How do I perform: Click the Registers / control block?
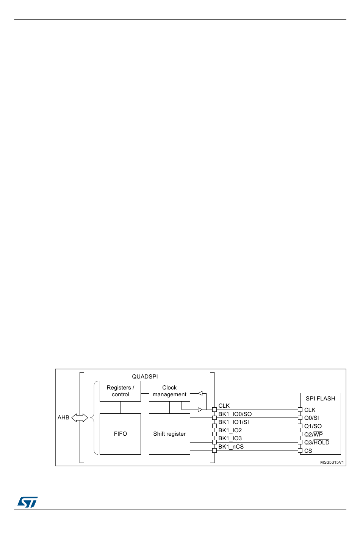pyautogui.click(x=120, y=391)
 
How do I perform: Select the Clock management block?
pyautogui.click(x=169, y=391)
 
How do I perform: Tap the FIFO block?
pyautogui.click(x=120, y=434)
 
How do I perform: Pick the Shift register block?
pyautogui.click(x=169, y=434)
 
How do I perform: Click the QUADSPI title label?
pyautogui.click(x=145, y=377)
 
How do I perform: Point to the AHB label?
pyautogui.click(x=63, y=418)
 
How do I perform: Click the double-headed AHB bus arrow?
pyautogui.click(x=80, y=418)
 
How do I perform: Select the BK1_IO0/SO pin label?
pyautogui.click(x=235, y=414)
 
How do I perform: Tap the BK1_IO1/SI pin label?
pyautogui.click(x=233, y=422)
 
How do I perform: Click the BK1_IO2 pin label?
pyautogui.click(x=230, y=430)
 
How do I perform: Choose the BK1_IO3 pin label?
pyautogui.click(x=230, y=438)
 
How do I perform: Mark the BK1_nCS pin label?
pyautogui.click(x=231, y=447)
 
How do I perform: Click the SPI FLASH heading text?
pyautogui.click(x=320, y=399)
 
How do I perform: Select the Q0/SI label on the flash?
pyautogui.click(x=311, y=418)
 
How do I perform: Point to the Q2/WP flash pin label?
pyautogui.click(x=313, y=435)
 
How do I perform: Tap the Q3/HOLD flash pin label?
pyautogui.click(x=317, y=443)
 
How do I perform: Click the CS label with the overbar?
pyautogui.click(x=308, y=451)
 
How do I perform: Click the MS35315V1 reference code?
pyautogui.click(x=332, y=462)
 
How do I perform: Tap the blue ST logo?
pyautogui.click(x=27, y=502)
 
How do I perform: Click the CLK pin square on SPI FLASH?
pyautogui.click(x=300, y=410)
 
